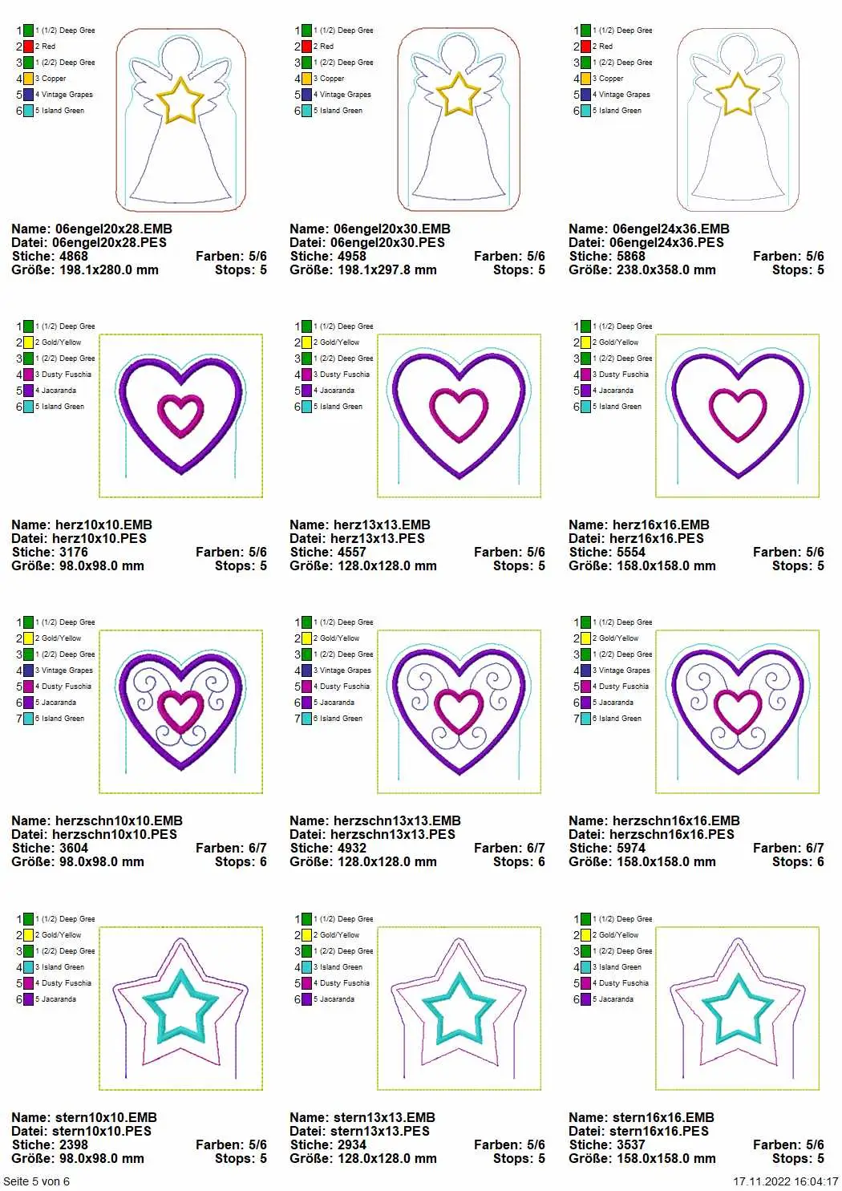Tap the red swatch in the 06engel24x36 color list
[x=585, y=47]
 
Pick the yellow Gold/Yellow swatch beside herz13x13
[x=306, y=342]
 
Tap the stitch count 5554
[x=630, y=552]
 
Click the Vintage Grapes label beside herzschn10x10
[x=67, y=670]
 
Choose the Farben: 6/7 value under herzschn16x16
[x=788, y=848]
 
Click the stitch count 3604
[x=73, y=848]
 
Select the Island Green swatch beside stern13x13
[x=306, y=967]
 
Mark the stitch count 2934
[x=352, y=1144]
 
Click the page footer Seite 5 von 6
[x=36, y=1181]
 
